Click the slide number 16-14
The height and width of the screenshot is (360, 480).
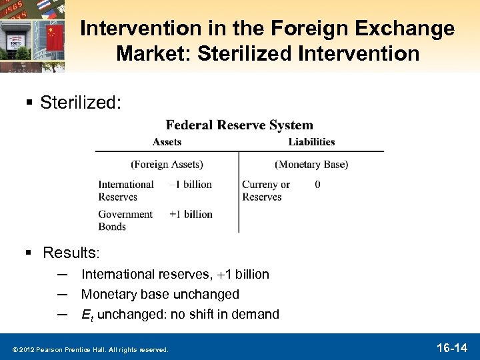451,347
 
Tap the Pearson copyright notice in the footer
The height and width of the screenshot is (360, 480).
89,349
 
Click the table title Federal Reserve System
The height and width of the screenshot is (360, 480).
239,125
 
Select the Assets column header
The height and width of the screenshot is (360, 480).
167,141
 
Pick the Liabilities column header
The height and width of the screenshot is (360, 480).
311,141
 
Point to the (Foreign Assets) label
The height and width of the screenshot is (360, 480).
167,164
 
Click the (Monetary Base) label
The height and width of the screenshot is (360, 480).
311,164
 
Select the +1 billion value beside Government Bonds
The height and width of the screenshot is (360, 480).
191,214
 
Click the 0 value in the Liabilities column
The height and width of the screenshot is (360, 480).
317,184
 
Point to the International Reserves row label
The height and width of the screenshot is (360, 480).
126,191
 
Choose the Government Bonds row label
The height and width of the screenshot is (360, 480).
125,220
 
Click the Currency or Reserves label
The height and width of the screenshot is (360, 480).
266,191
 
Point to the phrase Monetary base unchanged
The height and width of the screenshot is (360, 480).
160,294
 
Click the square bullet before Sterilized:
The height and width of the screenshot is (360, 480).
29,103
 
